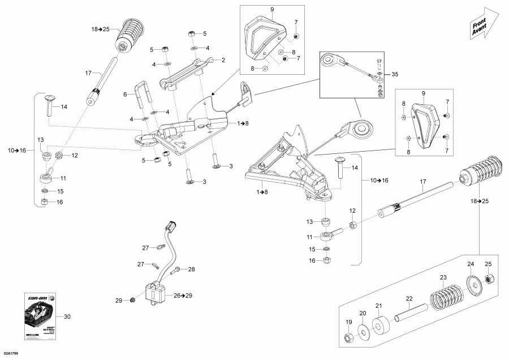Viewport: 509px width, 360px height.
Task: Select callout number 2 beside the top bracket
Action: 223,60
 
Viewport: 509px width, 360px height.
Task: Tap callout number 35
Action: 395,74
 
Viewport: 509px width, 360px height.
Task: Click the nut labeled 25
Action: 490,278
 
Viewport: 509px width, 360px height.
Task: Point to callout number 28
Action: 191,269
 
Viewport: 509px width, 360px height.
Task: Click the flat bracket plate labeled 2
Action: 190,71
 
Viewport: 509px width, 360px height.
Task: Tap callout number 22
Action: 409,298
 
